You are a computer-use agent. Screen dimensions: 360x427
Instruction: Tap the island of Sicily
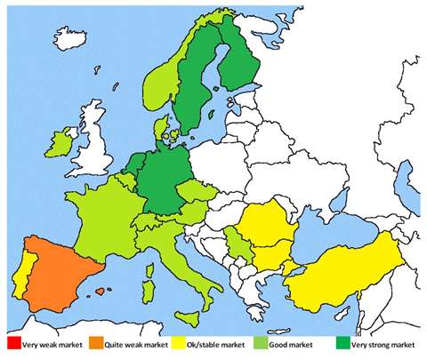click(200, 308)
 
